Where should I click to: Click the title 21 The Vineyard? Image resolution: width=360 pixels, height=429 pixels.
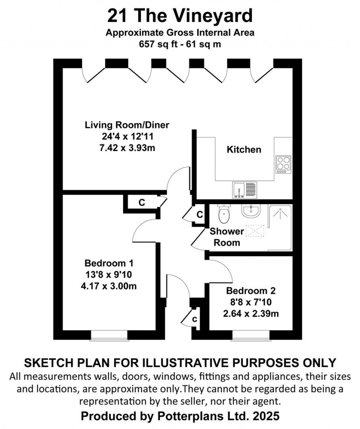[180, 16]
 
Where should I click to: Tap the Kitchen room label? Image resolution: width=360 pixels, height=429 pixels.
[244, 150]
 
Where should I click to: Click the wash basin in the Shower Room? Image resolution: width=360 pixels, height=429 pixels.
[251, 212]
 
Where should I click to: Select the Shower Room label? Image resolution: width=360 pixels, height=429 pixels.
[227, 237]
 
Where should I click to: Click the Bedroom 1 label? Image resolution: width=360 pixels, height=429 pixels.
[109, 263]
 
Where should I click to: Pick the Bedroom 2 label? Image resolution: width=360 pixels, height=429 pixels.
[251, 291]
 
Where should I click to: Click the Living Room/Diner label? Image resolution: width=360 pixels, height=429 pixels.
[127, 125]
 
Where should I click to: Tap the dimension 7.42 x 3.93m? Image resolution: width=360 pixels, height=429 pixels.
[127, 148]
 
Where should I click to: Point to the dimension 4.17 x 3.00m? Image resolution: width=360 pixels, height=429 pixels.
[109, 286]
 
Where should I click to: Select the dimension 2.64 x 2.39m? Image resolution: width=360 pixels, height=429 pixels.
[251, 313]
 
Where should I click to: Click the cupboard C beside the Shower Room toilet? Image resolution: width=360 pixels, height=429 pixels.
[199, 214]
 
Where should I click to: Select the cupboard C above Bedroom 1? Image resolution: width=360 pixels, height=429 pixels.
[142, 203]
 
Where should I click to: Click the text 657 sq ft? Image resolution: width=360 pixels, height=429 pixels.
[159, 45]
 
